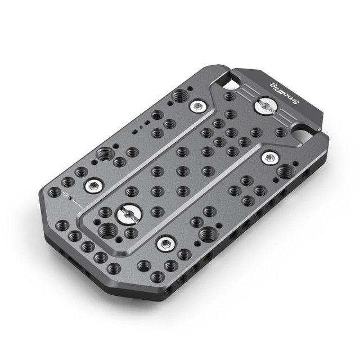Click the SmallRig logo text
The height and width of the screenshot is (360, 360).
pyautogui.click(x=285, y=94)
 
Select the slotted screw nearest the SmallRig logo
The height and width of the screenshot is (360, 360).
pyautogui.click(x=266, y=106)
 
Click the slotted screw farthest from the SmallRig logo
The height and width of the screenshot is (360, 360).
pyautogui.click(x=129, y=215)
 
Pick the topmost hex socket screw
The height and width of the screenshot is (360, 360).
pyautogui.click(x=197, y=106)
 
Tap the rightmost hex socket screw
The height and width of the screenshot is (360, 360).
pyautogui.click(x=270, y=158)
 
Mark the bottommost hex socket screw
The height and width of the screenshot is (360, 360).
pyautogui.click(x=165, y=244)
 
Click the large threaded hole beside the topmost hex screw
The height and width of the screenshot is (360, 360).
pyautogui.click(x=180, y=96)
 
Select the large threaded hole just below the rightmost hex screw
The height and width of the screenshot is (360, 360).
pyautogui.click(x=285, y=171)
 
